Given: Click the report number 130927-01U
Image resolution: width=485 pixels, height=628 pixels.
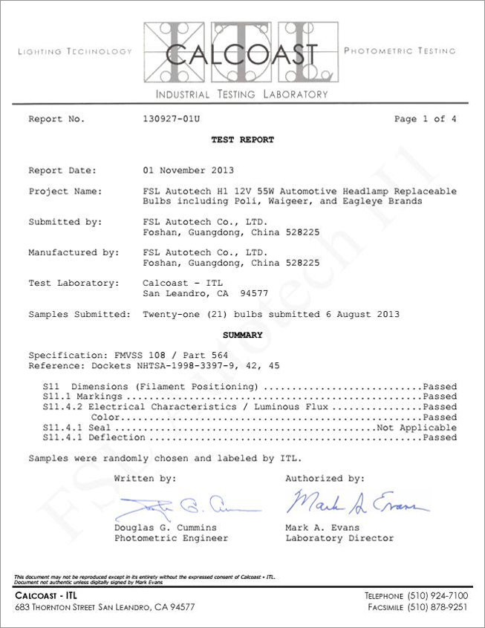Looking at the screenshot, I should coord(171,119).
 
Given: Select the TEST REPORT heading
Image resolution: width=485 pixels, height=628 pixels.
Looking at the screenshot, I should coord(242,140).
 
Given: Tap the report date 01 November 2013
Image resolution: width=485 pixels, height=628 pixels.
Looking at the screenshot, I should coord(187,170).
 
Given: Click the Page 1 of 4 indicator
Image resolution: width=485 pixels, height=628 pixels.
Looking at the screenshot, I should coord(425,119).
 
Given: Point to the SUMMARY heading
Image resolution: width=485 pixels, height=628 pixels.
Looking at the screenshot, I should coord(243,335).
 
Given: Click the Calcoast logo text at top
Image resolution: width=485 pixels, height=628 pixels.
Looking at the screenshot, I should coord(242,53).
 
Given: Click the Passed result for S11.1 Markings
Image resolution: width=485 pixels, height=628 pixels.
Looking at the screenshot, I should coord(439,397).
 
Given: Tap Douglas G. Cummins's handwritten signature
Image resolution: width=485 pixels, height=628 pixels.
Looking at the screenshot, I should coord(186,507).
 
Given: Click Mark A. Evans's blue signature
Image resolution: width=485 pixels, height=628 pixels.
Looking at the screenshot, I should coord(357,503).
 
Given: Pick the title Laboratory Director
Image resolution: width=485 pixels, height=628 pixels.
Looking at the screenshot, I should coord(339,538).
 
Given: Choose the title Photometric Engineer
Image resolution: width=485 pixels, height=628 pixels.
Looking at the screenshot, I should coord(171,538).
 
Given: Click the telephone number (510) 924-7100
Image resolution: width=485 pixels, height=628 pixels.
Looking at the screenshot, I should coord(438,596).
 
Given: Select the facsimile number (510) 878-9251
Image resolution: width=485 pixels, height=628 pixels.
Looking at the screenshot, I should coord(438,607).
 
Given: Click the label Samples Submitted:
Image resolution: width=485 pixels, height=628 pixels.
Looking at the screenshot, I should coord(79,314).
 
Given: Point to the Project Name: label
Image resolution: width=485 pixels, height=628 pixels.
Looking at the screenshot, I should coord(65,192).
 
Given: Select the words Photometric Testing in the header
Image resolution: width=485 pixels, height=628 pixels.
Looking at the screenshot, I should coord(400,51).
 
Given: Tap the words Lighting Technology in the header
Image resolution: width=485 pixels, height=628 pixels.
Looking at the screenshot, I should coord(74,52).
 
